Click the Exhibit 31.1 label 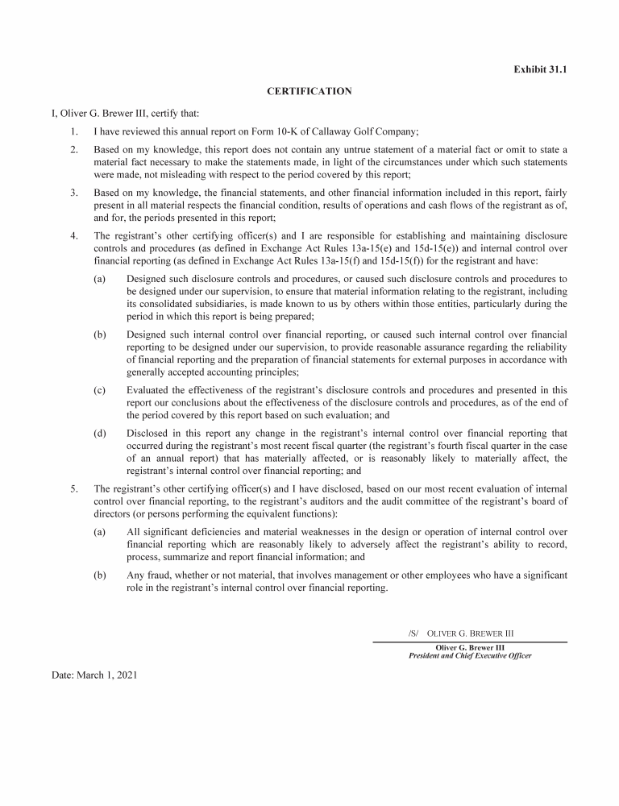540,69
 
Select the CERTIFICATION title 309,91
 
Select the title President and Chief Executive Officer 470,656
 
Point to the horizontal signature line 469,642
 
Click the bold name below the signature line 470,647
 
